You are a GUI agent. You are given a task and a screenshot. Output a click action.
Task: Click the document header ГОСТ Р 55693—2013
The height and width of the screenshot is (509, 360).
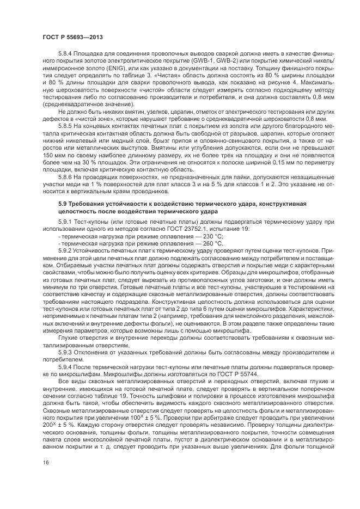click(72, 36)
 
